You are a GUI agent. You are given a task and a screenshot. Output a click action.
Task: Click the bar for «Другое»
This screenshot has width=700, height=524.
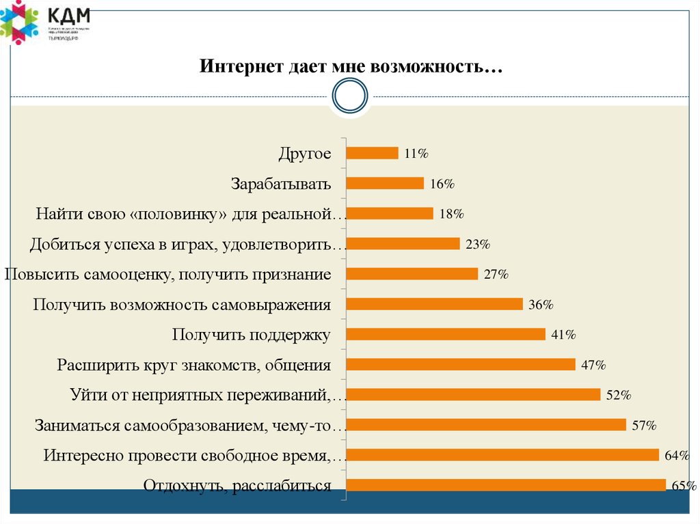(x=372, y=153)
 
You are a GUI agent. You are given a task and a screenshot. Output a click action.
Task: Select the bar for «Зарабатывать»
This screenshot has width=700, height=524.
(x=385, y=183)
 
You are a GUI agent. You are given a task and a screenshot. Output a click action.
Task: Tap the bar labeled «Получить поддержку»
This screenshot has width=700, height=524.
(x=446, y=334)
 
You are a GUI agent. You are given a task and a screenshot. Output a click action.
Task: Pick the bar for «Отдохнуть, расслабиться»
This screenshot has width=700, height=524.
(x=506, y=485)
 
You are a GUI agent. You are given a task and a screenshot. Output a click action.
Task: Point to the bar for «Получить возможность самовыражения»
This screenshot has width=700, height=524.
(x=434, y=304)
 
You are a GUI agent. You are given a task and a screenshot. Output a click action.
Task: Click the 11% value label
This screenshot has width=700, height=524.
(x=416, y=154)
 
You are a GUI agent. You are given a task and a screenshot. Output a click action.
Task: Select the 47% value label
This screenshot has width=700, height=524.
(x=593, y=365)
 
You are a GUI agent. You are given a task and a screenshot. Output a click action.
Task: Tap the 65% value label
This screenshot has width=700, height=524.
(x=684, y=486)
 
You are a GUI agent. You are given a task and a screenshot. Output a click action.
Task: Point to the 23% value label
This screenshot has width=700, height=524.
(x=478, y=244)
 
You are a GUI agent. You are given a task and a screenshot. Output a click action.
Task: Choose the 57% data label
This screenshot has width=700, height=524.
(x=644, y=426)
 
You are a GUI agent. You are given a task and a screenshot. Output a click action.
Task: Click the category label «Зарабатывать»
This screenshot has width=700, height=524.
(x=281, y=184)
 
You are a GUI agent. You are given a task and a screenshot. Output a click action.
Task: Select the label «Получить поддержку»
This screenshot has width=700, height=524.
(x=252, y=335)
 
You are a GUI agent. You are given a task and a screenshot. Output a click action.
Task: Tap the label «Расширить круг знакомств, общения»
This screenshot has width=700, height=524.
(x=194, y=365)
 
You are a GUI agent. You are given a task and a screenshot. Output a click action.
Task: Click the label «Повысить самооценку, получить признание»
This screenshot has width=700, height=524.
(x=168, y=275)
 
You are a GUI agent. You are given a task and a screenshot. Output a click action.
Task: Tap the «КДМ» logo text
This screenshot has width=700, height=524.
(x=69, y=15)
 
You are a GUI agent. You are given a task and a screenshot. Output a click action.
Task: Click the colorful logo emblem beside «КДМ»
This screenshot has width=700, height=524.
(x=19, y=23)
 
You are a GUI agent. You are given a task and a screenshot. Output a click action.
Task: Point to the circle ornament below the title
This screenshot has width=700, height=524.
(x=350, y=96)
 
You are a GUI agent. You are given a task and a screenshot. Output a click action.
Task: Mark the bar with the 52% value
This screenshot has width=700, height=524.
(x=473, y=394)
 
